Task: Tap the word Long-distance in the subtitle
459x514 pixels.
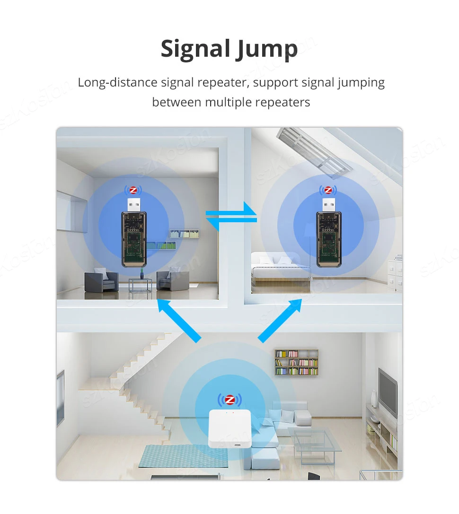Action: click(x=117, y=83)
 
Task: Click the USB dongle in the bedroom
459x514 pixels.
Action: click(x=328, y=238)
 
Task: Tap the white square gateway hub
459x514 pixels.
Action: click(x=229, y=428)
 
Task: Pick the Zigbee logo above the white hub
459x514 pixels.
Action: click(x=229, y=400)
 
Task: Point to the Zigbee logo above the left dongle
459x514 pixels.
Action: click(x=133, y=191)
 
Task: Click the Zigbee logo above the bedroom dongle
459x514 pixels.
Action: click(x=328, y=191)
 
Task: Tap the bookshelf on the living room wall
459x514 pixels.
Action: click(x=296, y=362)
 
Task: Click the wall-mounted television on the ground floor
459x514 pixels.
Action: click(x=388, y=392)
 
